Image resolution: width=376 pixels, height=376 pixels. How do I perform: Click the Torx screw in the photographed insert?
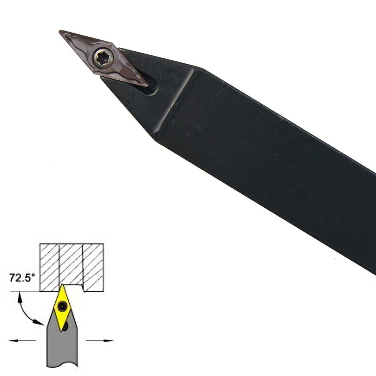point(103,57)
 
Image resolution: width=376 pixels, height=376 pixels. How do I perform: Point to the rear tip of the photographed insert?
point(147,85)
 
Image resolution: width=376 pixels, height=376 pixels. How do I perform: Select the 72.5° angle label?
point(22,278)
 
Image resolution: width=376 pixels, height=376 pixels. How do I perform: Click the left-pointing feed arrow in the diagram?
point(22,340)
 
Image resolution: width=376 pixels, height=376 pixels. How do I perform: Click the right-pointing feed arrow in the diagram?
point(99,340)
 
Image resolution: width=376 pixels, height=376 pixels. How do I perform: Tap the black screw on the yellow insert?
point(62,305)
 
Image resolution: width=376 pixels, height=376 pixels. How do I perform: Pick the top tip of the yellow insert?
point(62,285)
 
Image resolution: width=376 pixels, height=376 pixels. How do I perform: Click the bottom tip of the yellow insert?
point(62,331)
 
